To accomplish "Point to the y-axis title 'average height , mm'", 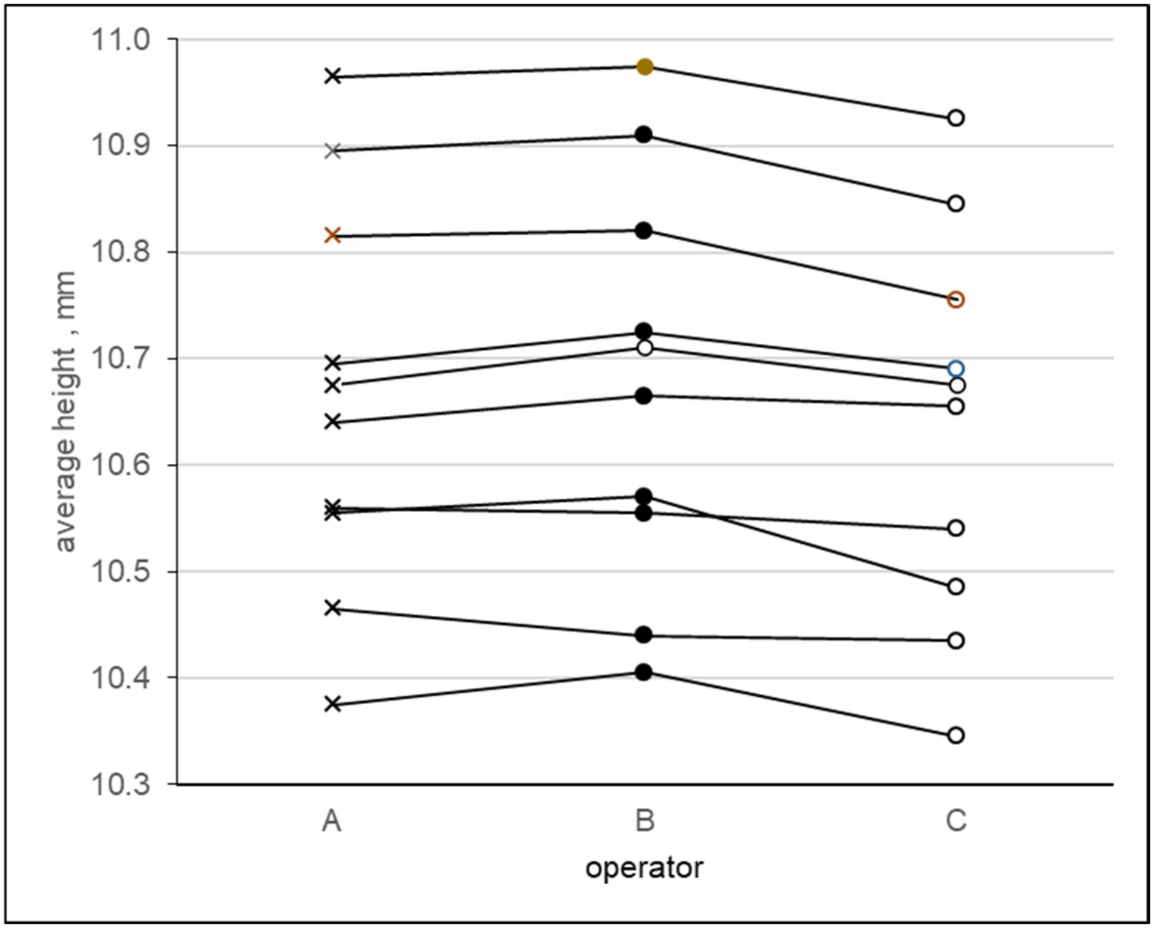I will tap(65, 411).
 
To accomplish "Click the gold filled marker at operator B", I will tap(645, 67).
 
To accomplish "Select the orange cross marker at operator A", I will tap(333, 235).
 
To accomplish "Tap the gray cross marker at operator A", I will tap(333, 151).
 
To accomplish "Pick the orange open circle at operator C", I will tap(956, 300).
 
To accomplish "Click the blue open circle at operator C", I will tap(956, 369).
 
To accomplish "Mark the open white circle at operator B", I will tap(645, 348).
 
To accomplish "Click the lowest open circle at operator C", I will tap(956, 735).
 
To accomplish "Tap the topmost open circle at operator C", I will tap(956, 118).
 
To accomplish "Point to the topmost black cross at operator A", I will tap(333, 77).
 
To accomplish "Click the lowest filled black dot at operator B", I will tap(644, 673).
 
